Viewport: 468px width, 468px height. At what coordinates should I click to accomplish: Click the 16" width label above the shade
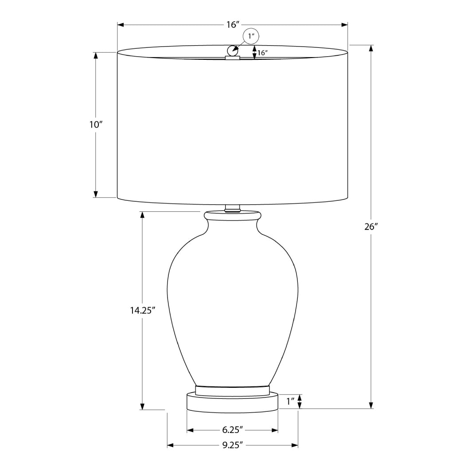[x=233, y=25]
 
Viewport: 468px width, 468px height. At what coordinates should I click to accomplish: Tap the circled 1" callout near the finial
[x=250, y=37]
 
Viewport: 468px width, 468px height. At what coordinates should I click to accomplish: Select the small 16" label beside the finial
[x=262, y=53]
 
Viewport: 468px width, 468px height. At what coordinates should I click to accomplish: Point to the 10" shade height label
[x=96, y=125]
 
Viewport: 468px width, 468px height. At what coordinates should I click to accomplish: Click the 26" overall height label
[x=370, y=227]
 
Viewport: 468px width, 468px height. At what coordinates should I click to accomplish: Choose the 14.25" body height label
[x=142, y=311]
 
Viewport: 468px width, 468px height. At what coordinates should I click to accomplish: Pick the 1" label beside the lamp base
[x=291, y=402]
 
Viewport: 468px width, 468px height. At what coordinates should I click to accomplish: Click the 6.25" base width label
[x=232, y=430]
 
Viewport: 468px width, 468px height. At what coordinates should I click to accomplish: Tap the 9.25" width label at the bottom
[x=232, y=445]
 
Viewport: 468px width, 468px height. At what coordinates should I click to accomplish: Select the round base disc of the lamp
[x=232, y=402]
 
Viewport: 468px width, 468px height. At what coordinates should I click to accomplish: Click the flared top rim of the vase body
[x=232, y=216]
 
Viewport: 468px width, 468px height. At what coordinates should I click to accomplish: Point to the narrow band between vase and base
[x=232, y=390]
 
